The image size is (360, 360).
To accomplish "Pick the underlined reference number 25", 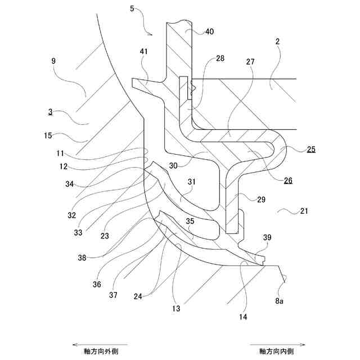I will click(x=311, y=150).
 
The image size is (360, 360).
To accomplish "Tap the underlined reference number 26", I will click(x=288, y=181).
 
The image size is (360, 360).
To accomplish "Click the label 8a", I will click(x=279, y=301).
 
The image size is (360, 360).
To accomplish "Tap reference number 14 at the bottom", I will click(x=244, y=317).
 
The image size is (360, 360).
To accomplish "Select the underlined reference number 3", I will click(x=51, y=112).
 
